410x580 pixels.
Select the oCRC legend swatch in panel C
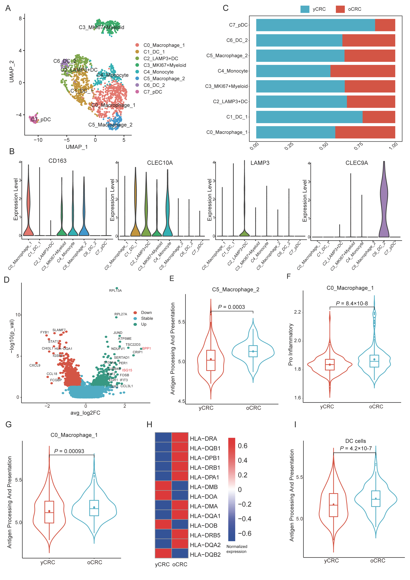340,9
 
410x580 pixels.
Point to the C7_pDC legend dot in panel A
137,92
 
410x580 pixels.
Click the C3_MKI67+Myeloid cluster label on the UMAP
101,27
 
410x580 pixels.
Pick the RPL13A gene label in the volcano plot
115,290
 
